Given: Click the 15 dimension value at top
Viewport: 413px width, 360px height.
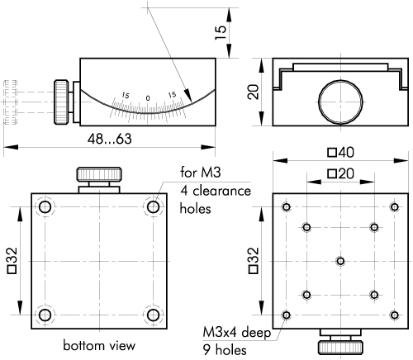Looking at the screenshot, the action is coord(221,33).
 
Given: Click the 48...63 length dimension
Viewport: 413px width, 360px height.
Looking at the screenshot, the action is coord(110,139).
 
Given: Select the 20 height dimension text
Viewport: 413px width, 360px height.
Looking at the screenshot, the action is coord(253,92).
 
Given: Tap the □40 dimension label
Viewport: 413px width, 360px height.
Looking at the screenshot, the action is coord(341,153).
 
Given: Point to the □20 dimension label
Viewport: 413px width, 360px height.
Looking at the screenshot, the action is coord(341,173).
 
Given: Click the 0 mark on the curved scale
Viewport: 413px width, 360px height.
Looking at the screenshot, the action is coord(148,98).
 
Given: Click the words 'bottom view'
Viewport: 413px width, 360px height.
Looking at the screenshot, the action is coord(99,345).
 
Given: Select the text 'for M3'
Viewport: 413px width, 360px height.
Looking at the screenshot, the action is coord(201,173).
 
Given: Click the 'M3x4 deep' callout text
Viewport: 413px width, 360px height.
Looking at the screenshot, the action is coord(237,333).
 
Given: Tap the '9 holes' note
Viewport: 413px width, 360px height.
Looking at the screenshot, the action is coord(225,350).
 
